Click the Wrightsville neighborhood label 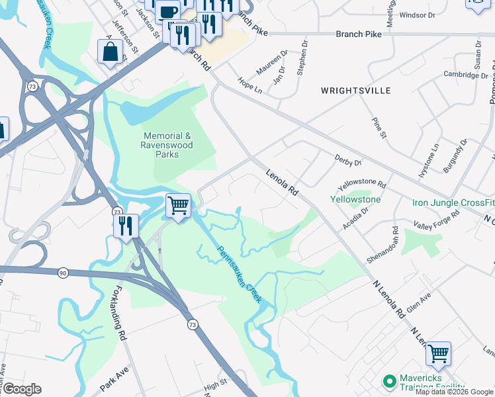point(355,91)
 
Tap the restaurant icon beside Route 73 point(126,226)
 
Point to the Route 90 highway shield point(63,273)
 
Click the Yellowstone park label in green point(355,199)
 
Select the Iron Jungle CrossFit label point(453,202)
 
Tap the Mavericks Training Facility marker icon point(389,382)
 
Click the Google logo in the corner point(21,389)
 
